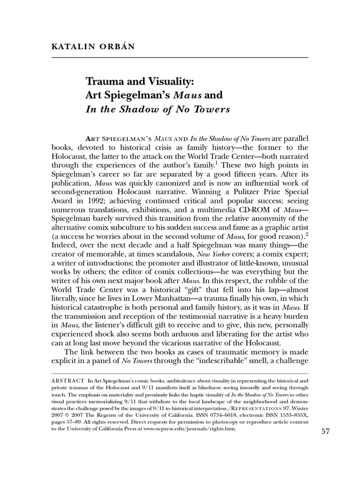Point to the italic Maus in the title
click(189, 96)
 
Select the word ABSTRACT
click(67, 380)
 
